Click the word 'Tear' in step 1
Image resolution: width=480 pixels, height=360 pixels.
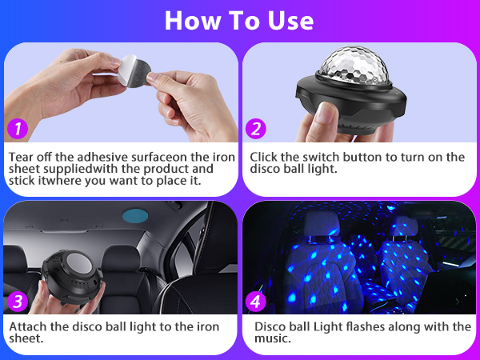click(x=22, y=157)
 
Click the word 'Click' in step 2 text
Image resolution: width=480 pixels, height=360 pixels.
click(x=266, y=157)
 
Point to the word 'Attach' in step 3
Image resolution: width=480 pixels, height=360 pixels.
click(x=27, y=327)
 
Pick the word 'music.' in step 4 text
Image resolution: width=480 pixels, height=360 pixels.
click(x=273, y=340)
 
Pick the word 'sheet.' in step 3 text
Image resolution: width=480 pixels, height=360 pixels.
click(x=26, y=340)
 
